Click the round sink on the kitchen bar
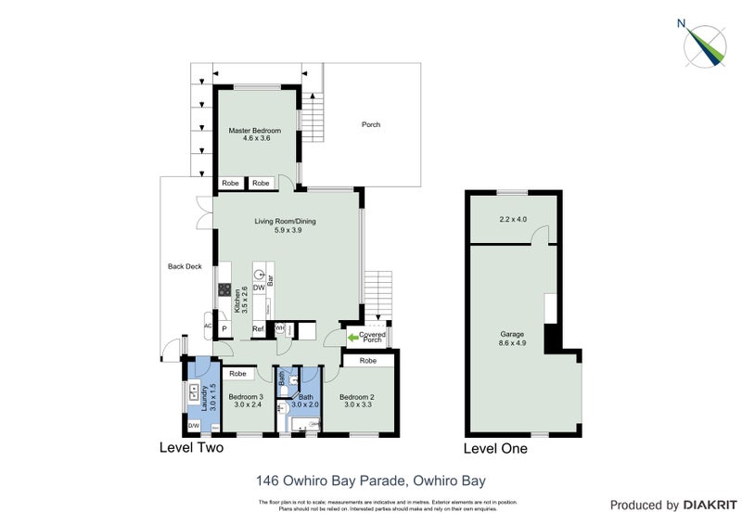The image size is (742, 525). click(x=260, y=275)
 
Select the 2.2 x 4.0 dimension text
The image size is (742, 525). click(x=512, y=220)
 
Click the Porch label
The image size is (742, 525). click(x=371, y=125)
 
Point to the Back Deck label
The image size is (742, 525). click(x=185, y=266)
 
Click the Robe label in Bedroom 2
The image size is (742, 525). click(x=367, y=360)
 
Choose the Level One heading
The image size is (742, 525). click(x=495, y=449)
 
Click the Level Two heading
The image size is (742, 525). click(x=189, y=448)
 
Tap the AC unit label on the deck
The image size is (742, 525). click(x=209, y=327)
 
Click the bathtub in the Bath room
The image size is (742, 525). click(x=305, y=424)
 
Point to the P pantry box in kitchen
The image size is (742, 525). click(x=224, y=328)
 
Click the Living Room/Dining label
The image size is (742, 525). click(x=287, y=225)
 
